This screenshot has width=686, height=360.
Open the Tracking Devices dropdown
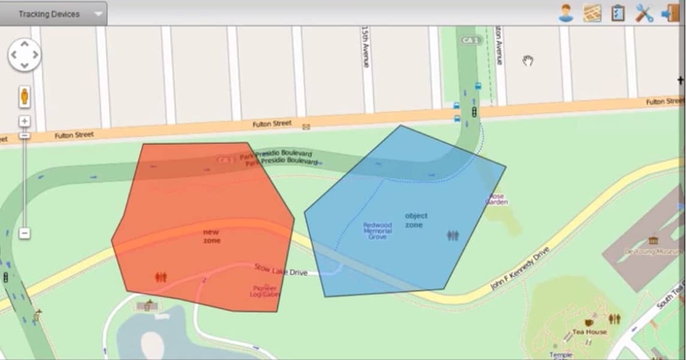(x=53, y=14)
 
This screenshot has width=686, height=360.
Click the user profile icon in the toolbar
(x=566, y=13)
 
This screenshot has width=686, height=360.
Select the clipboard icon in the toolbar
(x=618, y=13)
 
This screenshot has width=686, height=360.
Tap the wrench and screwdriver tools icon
(x=644, y=13)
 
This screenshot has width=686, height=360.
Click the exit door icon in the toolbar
(x=670, y=13)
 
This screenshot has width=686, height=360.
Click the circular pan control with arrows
(x=24, y=55)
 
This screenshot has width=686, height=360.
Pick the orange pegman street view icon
(x=25, y=96)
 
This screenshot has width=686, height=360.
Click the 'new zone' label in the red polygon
(x=211, y=236)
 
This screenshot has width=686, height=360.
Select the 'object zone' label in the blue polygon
(x=416, y=220)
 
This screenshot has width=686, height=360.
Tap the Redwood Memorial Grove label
(x=377, y=231)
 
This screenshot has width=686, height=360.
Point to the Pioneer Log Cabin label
(x=264, y=291)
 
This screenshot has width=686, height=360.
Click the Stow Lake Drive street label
(x=280, y=270)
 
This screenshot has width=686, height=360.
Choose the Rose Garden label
(x=497, y=199)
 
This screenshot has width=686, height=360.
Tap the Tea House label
(x=590, y=332)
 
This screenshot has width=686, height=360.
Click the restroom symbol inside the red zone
(x=161, y=277)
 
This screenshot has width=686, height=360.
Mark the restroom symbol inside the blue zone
(x=453, y=236)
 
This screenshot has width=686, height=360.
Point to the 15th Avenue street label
(x=365, y=46)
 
